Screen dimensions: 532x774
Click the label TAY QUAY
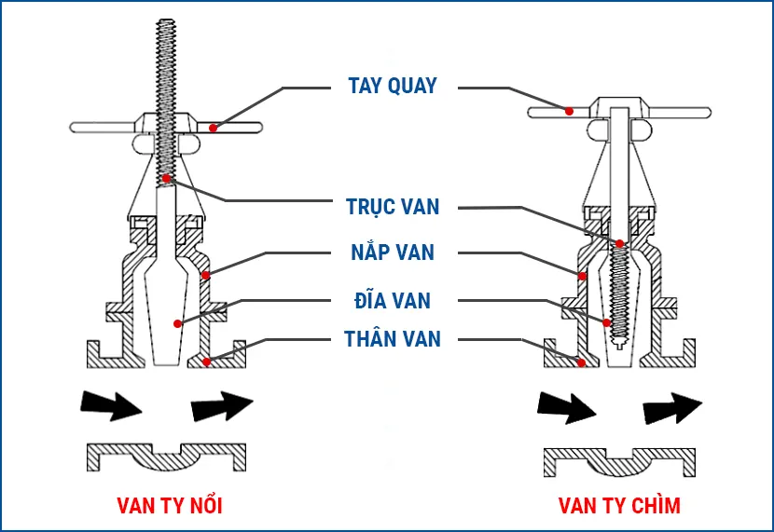[x=392, y=87]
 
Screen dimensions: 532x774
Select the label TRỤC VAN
[x=392, y=206]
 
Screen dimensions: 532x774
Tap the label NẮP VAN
[x=393, y=252]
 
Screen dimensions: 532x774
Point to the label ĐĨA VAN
[x=392, y=300]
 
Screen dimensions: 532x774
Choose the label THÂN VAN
[x=392, y=337]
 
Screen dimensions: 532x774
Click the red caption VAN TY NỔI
[x=170, y=506]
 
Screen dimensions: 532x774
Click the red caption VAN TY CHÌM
[x=619, y=506]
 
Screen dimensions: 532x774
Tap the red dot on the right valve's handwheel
[x=569, y=110]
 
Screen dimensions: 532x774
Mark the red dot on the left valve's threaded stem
[x=165, y=177]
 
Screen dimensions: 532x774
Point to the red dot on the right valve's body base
[x=582, y=362]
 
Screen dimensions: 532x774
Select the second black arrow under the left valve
[x=221, y=404]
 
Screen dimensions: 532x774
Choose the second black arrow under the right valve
[x=671, y=406]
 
